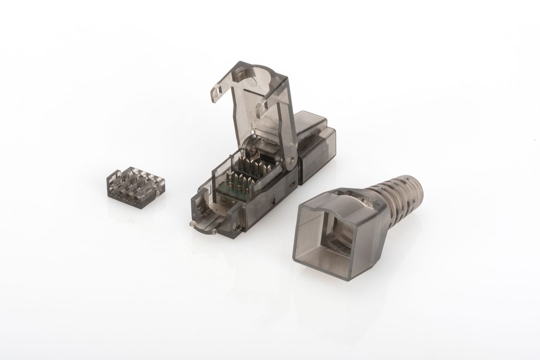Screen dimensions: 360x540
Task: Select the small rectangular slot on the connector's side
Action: coord(272,201)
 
